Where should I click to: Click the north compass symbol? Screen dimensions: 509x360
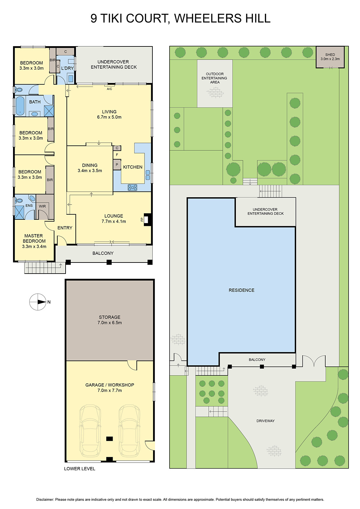pos(38,302)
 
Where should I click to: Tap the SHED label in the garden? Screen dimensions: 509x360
pos(330,55)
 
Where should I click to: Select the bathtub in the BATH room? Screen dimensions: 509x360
pos(20,106)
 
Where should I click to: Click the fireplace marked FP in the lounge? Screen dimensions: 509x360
pos(146,220)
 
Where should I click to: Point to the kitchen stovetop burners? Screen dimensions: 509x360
pos(132,187)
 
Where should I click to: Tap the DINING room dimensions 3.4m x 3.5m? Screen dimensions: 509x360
pos(90,171)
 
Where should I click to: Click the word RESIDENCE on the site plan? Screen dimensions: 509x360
pos(241,290)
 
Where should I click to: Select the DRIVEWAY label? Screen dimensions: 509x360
pos(265,421)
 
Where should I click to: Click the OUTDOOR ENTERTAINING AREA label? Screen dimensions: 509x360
pos(215,78)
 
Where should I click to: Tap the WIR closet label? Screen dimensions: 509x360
pos(42,206)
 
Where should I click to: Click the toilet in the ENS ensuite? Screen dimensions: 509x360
pos(19,201)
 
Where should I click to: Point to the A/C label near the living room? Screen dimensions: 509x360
pos(109,89)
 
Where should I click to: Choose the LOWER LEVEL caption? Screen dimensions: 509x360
pos(80,469)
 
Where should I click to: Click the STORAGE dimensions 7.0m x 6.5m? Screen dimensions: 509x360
pos(109,323)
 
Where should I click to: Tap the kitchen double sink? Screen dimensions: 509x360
pos(148,175)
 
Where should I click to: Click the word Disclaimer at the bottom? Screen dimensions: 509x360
pos(45,499)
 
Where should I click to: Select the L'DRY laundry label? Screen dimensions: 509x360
pos(67,68)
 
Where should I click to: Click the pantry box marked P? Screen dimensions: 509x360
pos(117,165)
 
